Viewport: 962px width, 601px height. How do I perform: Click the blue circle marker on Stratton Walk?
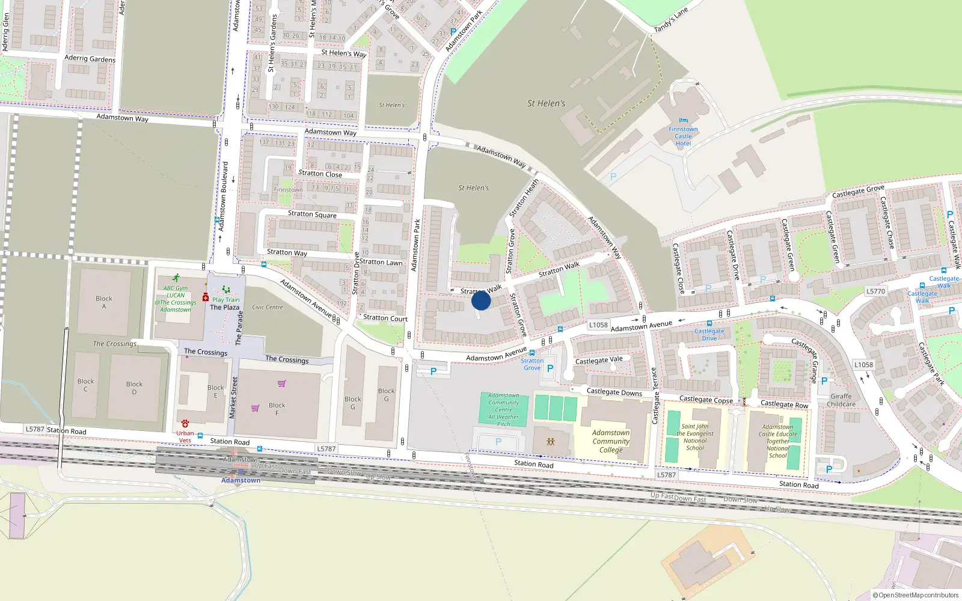(481, 300)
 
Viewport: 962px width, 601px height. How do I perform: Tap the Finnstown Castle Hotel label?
(683, 136)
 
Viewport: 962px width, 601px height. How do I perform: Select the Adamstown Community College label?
(611, 441)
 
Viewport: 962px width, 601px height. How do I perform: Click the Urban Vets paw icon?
(185, 424)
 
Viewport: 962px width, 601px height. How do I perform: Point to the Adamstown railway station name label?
(241, 480)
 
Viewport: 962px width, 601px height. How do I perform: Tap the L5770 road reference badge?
(875, 291)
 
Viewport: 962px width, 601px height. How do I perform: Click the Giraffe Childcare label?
(841, 400)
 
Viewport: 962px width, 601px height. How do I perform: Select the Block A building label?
(104, 302)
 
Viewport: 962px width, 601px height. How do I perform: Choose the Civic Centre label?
(268, 307)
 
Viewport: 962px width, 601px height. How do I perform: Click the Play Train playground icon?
(225, 290)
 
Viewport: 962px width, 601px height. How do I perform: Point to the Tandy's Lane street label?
(670, 20)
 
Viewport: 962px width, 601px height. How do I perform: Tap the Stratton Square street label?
(312, 214)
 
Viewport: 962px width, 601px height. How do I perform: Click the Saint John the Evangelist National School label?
(695, 437)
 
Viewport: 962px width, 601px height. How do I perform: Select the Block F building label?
(277, 409)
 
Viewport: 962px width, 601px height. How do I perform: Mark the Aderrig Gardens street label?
(90, 58)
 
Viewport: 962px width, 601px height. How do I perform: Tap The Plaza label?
(225, 307)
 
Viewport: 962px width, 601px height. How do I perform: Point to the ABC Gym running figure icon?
(176, 278)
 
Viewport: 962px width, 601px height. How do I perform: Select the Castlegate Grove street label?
(858, 192)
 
